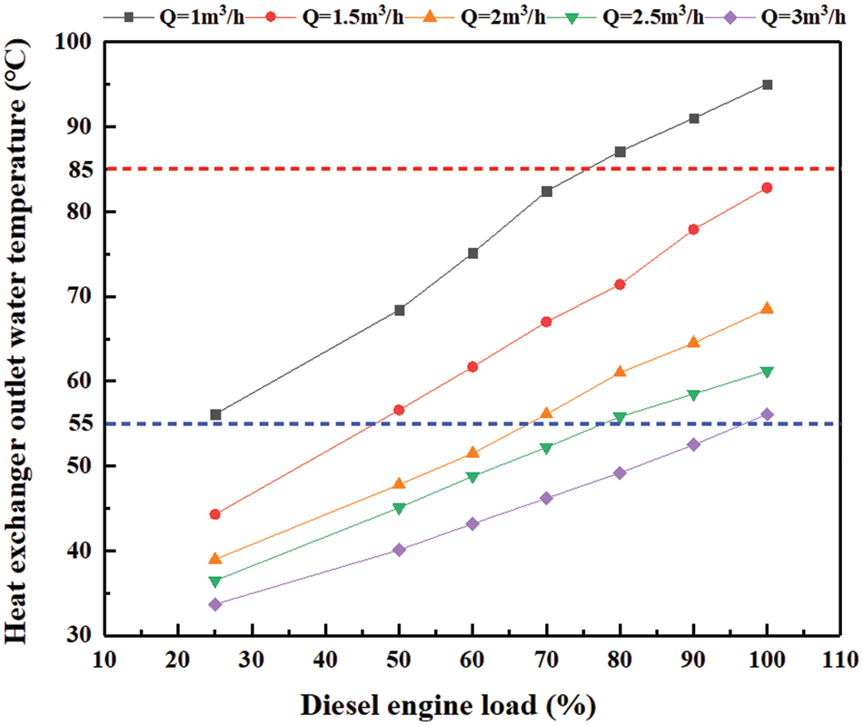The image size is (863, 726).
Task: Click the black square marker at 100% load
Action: tap(767, 85)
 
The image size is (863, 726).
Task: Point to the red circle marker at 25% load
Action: tap(215, 514)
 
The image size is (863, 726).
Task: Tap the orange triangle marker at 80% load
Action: tap(620, 372)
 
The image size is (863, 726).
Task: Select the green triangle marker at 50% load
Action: tap(399, 508)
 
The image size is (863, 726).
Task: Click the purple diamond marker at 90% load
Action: tap(694, 444)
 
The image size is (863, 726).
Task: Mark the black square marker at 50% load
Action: tap(399, 310)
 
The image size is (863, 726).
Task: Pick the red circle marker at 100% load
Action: tap(767, 188)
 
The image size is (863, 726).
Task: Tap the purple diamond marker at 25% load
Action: tap(215, 604)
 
